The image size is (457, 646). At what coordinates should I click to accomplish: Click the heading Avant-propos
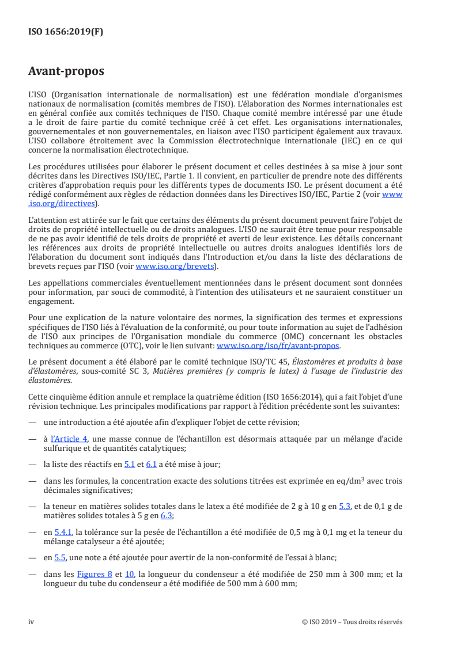pyautogui.click(x=66, y=72)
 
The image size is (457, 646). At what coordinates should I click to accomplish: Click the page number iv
pyautogui.click(x=32, y=622)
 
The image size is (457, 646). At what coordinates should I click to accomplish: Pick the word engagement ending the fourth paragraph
pyautogui.click(x=51, y=301)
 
